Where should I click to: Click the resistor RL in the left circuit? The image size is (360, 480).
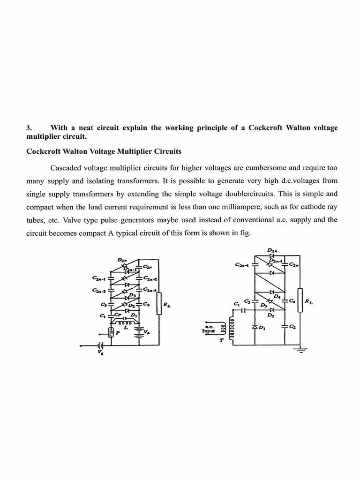(159, 304)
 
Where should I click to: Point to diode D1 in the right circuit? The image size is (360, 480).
(255, 326)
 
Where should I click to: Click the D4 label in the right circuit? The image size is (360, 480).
(277, 296)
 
